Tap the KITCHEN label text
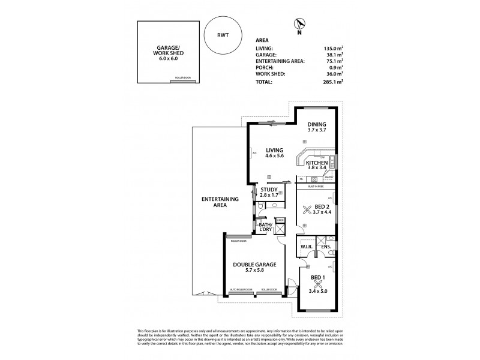pos(316,163)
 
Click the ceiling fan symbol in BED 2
pos(308,209)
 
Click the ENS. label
pos(326,246)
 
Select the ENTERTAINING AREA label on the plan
pos(221,202)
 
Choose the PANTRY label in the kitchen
pos(328,178)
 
